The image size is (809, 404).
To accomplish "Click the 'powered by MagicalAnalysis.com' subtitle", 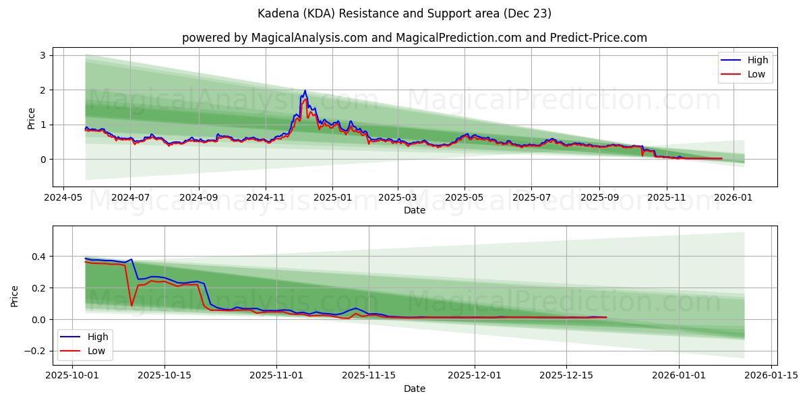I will click(414, 38).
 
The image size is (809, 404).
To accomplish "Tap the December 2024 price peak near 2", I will click(305, 91).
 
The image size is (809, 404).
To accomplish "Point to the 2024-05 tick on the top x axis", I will click(63, 199).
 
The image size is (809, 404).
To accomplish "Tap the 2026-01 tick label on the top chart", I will click(733, 199).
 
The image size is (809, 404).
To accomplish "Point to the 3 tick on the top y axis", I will click(42, 55).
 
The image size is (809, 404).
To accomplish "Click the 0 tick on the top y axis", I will click(42, 160).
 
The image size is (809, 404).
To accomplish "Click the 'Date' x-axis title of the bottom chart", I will click(414, 389).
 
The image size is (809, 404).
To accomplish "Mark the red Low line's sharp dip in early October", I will click(131, 305).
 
